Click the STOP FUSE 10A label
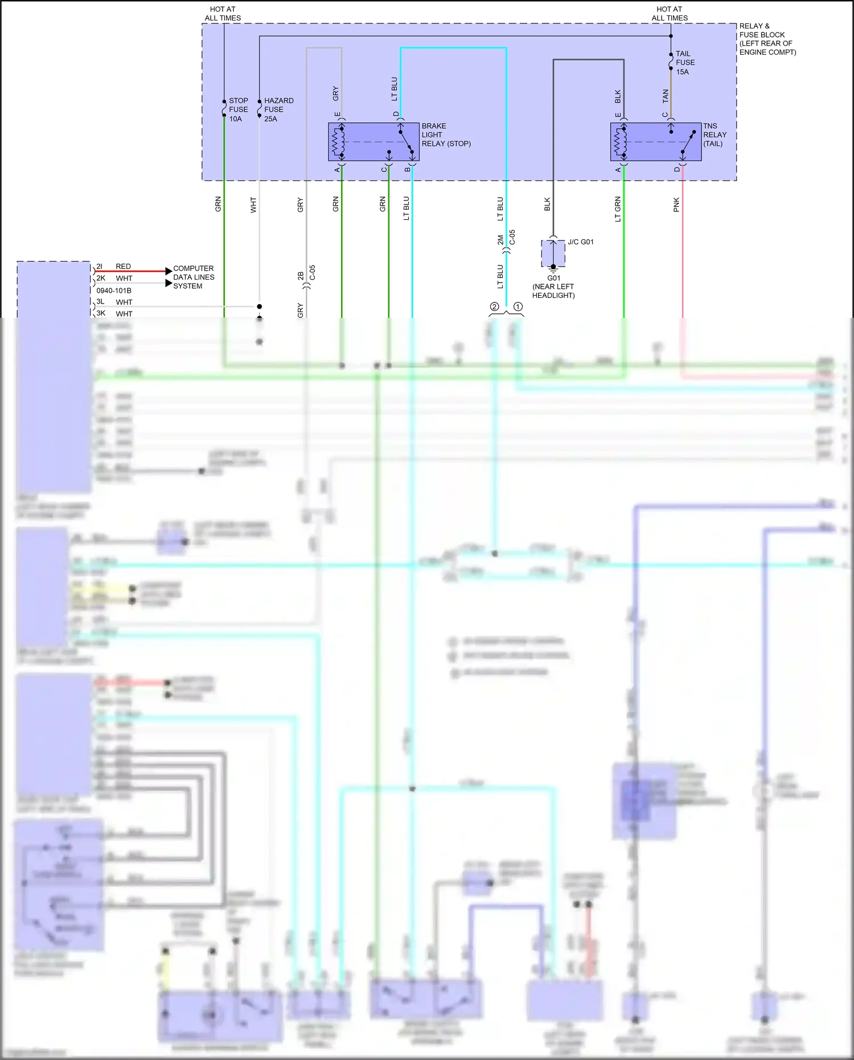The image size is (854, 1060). [x=238, y=109]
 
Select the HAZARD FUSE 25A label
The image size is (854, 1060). [x=278, y=109]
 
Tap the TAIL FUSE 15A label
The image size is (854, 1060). [x=685, y=63]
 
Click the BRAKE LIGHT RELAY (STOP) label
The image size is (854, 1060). [x=446, y=135]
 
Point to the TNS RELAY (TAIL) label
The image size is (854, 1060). [x=715, y=135]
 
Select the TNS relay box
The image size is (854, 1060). [x=655, y=142]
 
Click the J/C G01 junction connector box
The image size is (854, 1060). [x=553, y=253]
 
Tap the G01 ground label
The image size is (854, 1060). [x=553, y=279]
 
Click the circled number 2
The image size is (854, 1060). [x=494, y=307]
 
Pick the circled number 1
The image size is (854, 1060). [x=518, y=307]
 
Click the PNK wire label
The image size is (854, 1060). [x=676, y=205]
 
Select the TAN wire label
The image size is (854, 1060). [x=666, y=96]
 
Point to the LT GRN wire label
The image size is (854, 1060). [x=618, y=209]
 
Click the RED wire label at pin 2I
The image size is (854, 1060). [x=123, y=267]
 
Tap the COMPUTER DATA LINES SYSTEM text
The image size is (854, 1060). [x=194, y=277]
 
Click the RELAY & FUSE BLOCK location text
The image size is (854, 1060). [x=767, y=39]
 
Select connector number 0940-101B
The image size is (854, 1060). [x=114, y=290]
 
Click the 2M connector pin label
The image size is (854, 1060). [x=500, y=240]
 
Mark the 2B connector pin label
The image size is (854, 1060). [x=301, y=276]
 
